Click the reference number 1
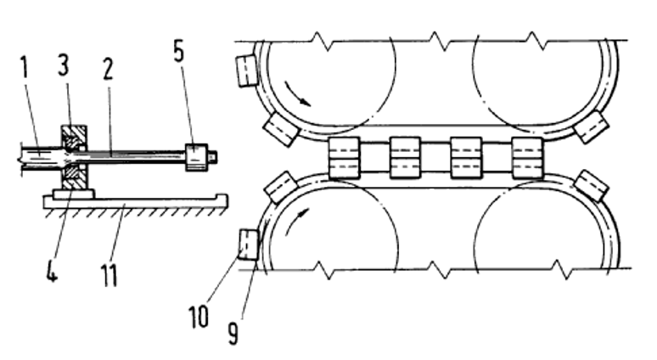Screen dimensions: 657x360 pos(25,67)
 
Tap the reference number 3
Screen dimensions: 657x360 pos(64,66)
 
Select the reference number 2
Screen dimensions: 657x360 pos(108,69)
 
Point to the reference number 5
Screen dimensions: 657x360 pos(178,52)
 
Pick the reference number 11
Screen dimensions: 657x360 pos(109,275)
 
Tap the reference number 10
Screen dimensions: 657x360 pos(199,317)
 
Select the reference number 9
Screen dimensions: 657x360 pos(233,333)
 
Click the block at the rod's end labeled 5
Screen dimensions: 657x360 pos(196,157)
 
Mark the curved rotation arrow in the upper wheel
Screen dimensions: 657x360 pos(297,94)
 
